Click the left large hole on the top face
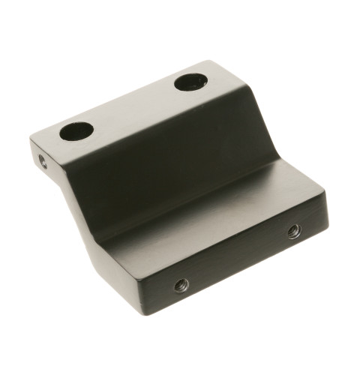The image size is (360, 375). click(x=76, y=132)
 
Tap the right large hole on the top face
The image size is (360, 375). click(x=192, y=82)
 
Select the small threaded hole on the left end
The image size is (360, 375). click(x=43, y=160)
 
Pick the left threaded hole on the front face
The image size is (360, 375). click(x=181, y=283)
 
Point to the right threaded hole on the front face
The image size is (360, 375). click(x=293, y=232)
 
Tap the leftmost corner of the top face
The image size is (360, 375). click(x=31, y=139)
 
